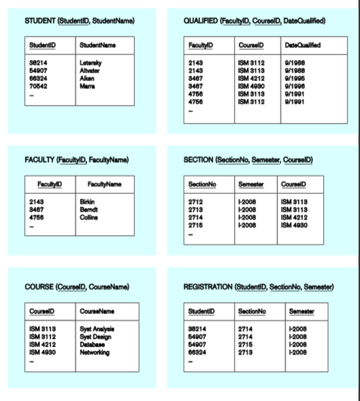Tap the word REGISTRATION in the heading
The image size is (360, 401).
[208, 286]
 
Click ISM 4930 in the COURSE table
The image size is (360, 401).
[43, 349]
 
